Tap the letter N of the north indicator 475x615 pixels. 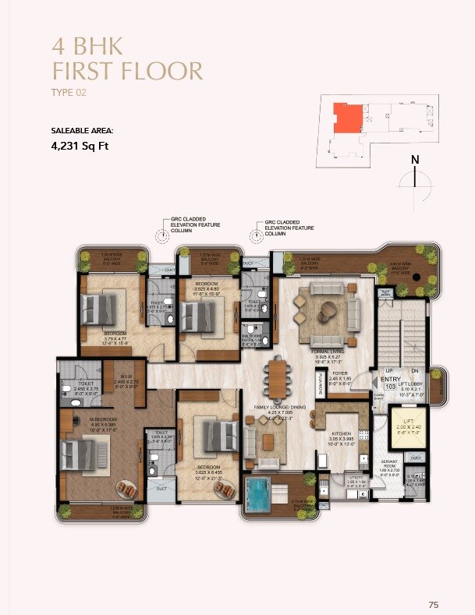pyautogui.click(x=415, y=161)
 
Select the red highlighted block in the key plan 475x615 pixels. pyautogui.click(x=347, y=117)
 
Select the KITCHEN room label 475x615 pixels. pyautogui.click(x=341, y=434)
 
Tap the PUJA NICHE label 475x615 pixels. pyautogui.click(x=321, y=384)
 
